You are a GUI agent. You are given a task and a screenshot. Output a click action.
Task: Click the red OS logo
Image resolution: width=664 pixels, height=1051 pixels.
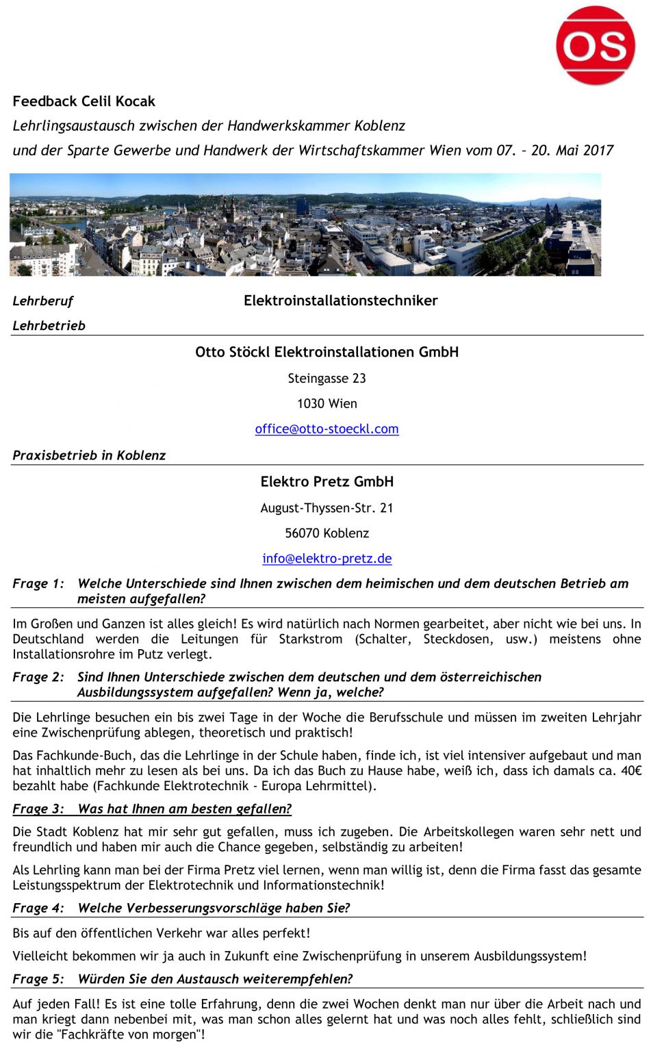pyautogui.click(x=595, y=45)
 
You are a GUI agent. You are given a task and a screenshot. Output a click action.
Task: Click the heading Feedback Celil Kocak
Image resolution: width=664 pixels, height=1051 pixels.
pyautogui.click(x=84, y=101)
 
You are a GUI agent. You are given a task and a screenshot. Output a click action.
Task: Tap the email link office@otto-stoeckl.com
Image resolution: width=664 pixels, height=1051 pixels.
pyautogui.click(x=327, y=429)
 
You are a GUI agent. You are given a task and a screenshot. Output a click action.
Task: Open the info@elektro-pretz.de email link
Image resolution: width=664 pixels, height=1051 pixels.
pyautogui.click(x=327, y=559)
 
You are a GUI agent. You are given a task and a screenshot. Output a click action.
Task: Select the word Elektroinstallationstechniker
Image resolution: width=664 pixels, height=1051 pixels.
pyautogui.click(x=340, y=301)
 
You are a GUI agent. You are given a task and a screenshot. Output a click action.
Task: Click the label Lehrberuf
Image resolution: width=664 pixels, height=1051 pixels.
pyautogui.click(x=42, y=301)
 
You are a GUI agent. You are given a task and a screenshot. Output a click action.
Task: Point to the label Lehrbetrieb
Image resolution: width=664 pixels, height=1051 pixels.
pyautogui.click(x=49, y=326)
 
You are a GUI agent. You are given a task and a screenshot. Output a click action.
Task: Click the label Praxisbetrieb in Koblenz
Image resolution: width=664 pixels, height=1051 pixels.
pyautogui.click(x=89, y=455)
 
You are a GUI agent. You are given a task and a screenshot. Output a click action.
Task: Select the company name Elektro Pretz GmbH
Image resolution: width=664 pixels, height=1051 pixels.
pyautogui.click(x=327, y=482)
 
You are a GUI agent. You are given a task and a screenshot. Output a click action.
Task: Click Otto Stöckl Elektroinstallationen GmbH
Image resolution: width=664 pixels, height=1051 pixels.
pyautogui.click(x=327, y=353)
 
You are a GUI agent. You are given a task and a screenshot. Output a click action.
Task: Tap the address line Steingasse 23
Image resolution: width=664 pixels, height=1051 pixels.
pyautogui.click(x=327, y=379)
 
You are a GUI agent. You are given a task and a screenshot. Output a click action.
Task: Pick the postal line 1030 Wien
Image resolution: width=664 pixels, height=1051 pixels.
pyautogui.click(x=327, y=404)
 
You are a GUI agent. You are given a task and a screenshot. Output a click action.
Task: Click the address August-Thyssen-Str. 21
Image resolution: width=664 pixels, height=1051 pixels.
pyautogui.click(x=327, y=508)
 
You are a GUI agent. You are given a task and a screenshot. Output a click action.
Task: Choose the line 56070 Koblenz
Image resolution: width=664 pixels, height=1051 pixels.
pyautogui.click(x=327, y=533)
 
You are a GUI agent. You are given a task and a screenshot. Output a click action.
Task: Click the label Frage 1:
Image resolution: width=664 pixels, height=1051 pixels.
pyautogui.click(x=38, y=584)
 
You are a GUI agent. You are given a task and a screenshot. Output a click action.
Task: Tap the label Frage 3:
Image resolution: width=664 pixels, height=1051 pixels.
pyautogui.click(x=38, y=809)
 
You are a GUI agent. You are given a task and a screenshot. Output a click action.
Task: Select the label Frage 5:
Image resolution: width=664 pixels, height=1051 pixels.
pyautogui.click(x=38, y=979)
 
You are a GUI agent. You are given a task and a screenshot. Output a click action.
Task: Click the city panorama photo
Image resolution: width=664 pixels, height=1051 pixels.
pyautogui.click(x=305, y=225)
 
